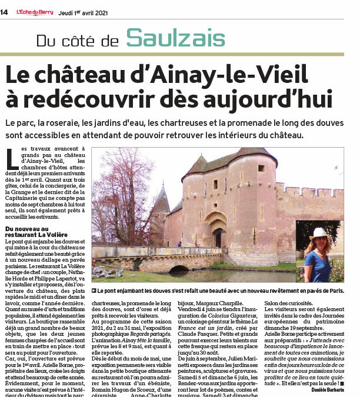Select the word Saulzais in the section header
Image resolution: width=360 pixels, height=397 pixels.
175,39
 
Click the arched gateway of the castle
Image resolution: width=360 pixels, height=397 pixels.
218,232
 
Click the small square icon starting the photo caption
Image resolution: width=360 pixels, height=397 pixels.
94,290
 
